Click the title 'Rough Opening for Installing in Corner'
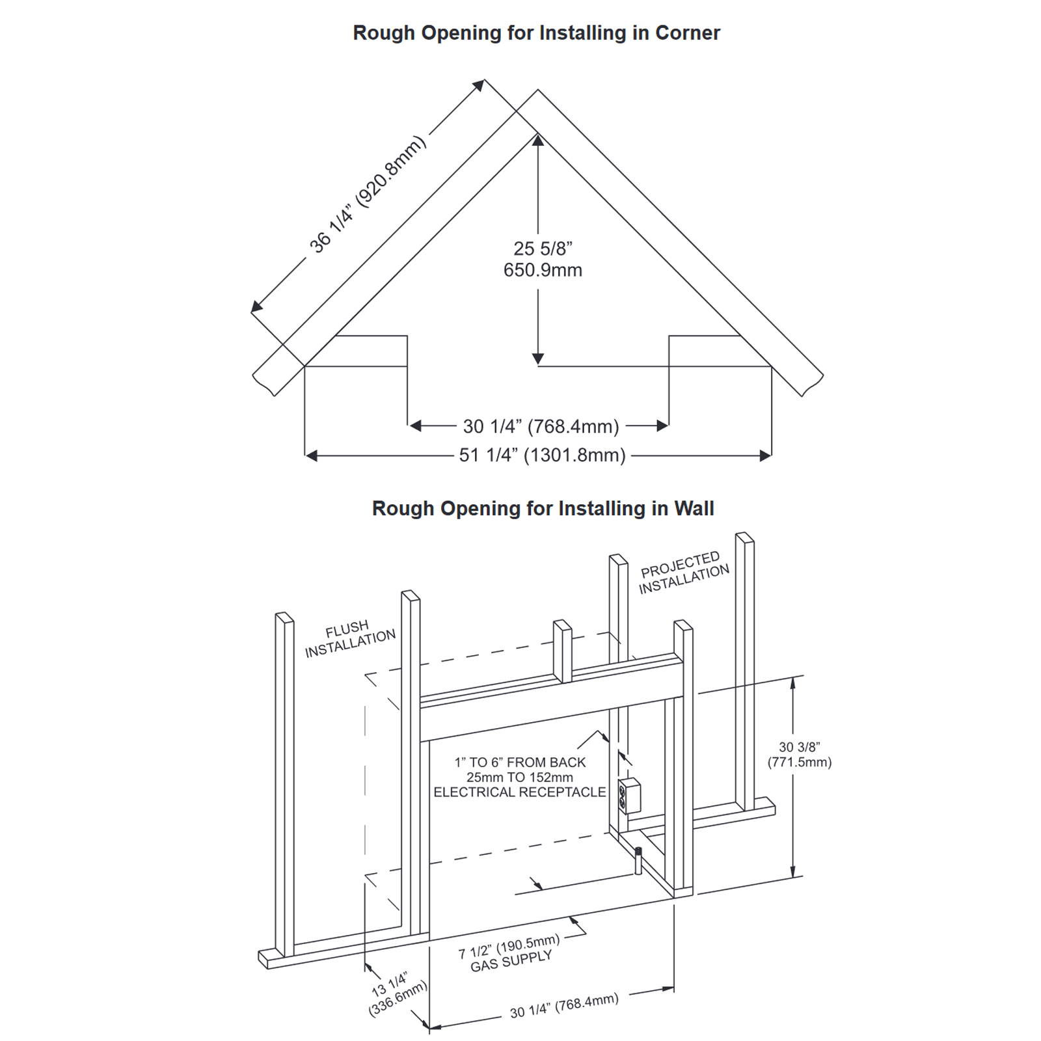coord(536,33)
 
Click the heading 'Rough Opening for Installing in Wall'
coord(543,508)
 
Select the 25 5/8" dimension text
coord(543,249)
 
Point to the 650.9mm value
coord(543,270)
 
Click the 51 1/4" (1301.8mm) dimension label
coord(542,455)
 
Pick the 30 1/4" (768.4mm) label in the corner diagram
coord(541,426)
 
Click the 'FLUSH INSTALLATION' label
coord(349,639)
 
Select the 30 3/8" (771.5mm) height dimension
coord(799,755)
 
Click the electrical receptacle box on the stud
coord(629,796)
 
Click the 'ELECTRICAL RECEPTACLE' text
coord(519,792)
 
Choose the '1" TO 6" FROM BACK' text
coord(520,762)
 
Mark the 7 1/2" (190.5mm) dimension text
coord(509,947)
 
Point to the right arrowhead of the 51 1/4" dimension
coord(766,456)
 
